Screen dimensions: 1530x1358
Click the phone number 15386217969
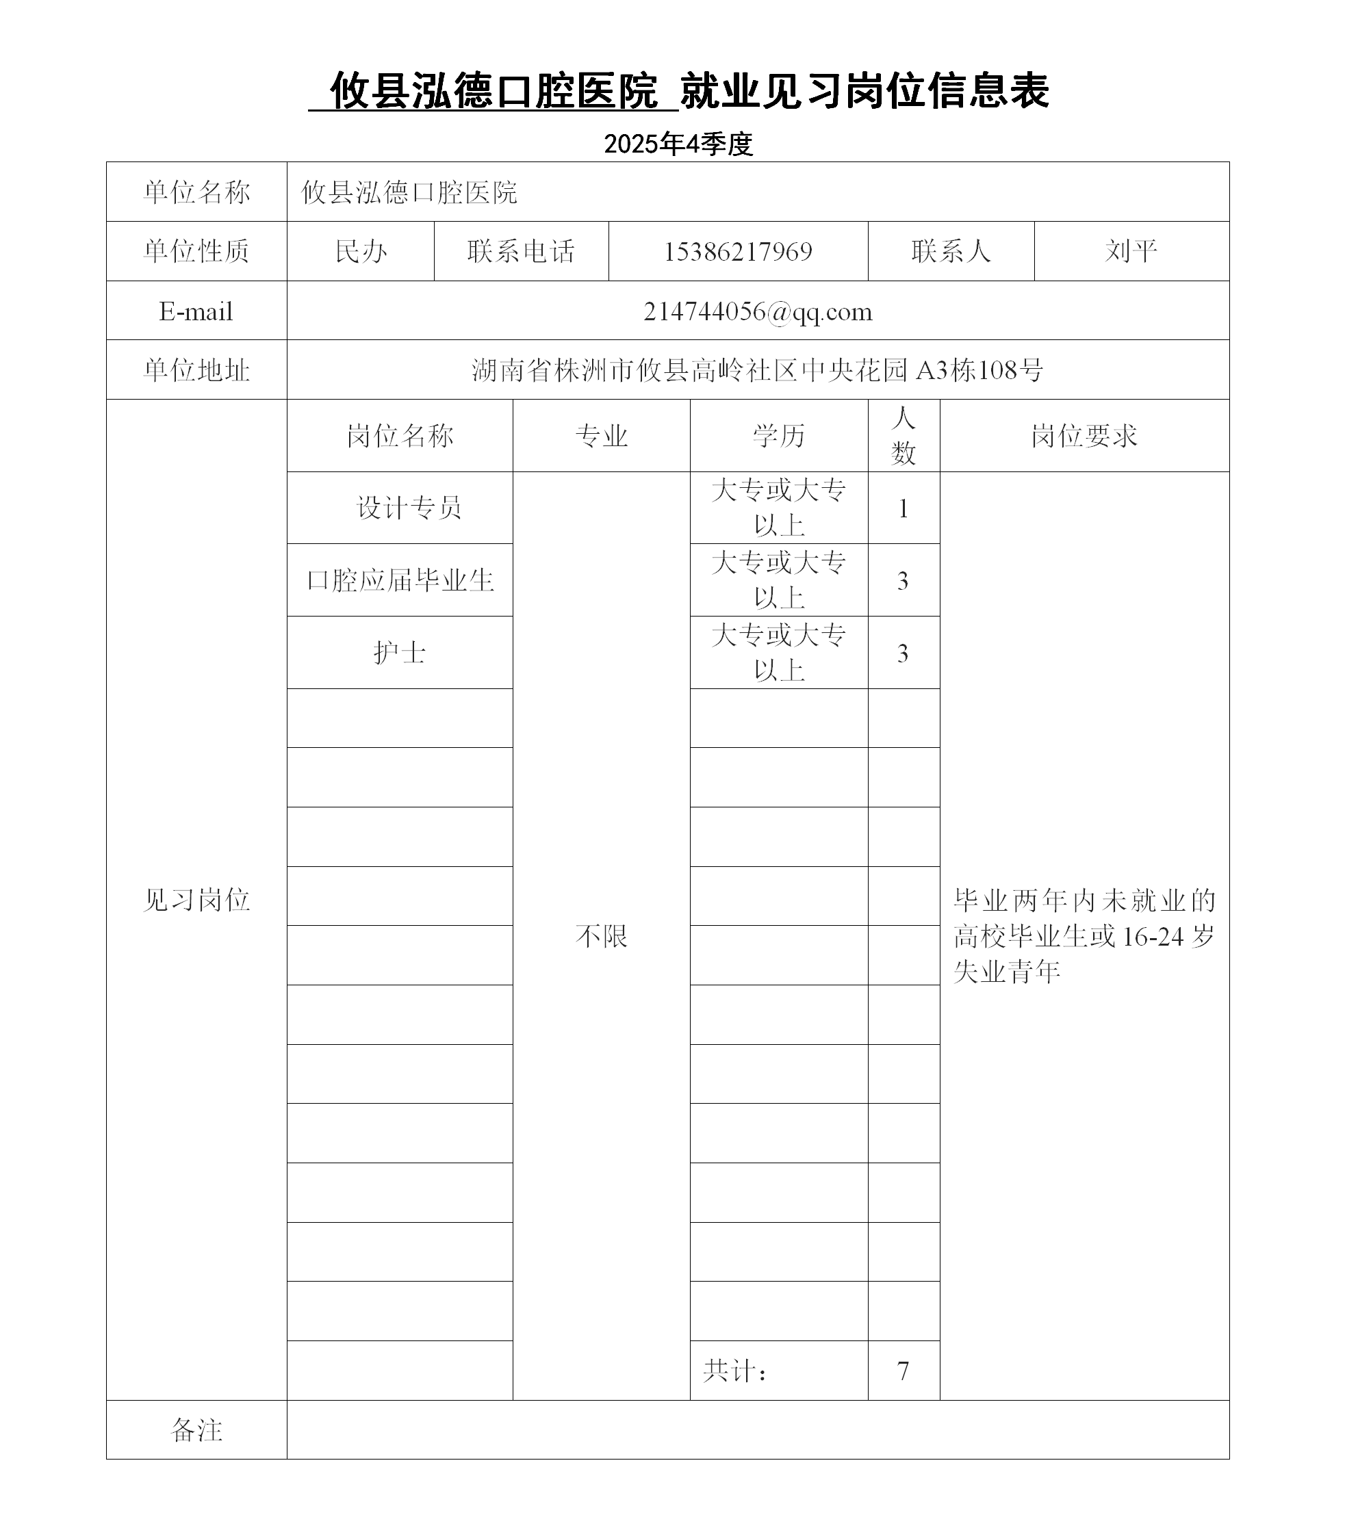coord(737,252)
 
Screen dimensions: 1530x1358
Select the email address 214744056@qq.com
coord(758,311)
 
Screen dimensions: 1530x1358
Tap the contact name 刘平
coord(1131,252)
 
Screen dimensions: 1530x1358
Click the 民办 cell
coord(361,252)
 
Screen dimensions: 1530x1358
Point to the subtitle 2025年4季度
coord(678,144)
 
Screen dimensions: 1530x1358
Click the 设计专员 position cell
coord(409,508)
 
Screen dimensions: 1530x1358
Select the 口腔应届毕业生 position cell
coord(400,580)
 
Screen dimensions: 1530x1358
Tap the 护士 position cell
coord(400,653)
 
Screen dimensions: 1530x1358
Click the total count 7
coord(903,1371)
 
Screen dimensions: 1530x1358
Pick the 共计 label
coord(734,1371)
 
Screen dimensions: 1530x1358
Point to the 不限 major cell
coord(601,935)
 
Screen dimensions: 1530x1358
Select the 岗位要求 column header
coord(1084,436)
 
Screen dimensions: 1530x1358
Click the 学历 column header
coord(778,436)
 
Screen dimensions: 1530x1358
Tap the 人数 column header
coord(904,435)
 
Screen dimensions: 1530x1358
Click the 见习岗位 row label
coord(196,900)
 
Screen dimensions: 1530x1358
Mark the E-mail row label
coord(196,311)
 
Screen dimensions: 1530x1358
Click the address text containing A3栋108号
coord(758,369)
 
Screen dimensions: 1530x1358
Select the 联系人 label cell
coord(951,252)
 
